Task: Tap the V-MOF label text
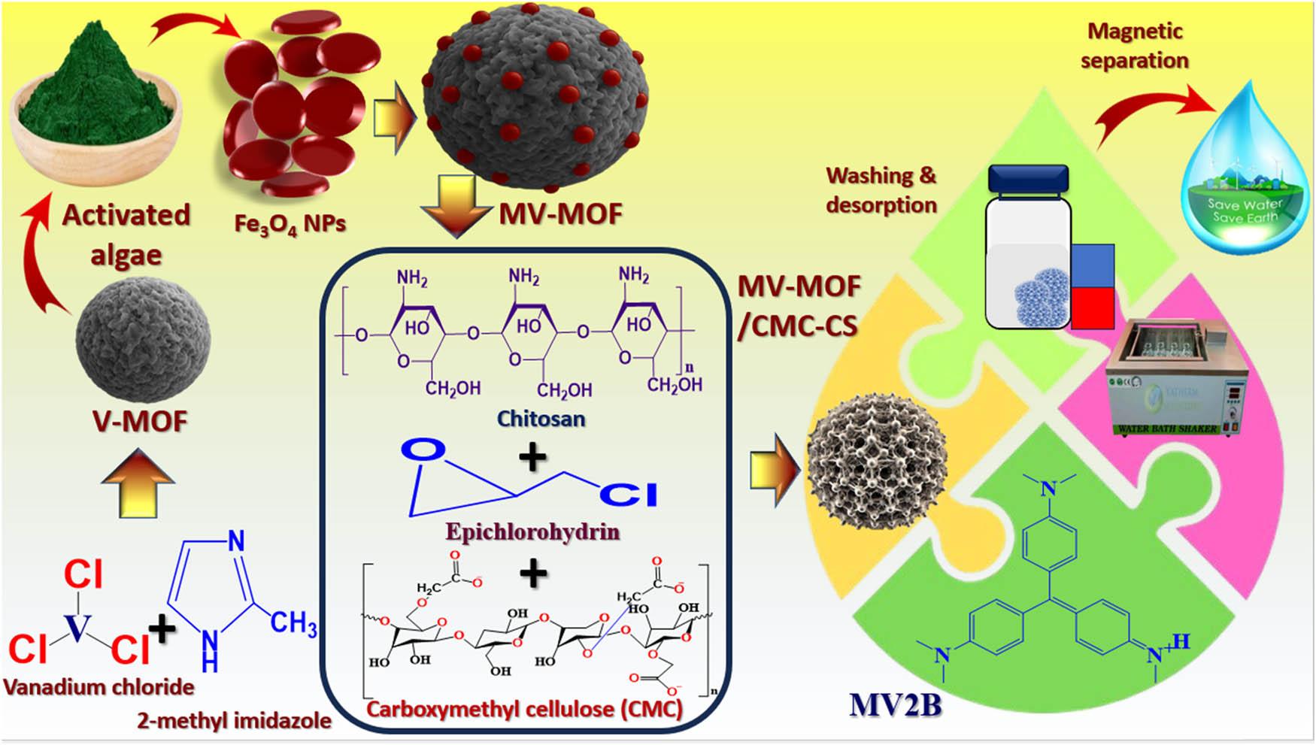[x=140, y=421]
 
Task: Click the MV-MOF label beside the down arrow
[x=560, y=214]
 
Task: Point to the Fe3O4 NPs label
[x=290, y=224]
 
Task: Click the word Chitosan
[x=541, y=418]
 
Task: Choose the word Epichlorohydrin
[x=532, y=532]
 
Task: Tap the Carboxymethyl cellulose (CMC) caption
[x=524, y=708]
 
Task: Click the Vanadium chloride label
[x=99, y=686]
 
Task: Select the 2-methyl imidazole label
[x=234, y=720]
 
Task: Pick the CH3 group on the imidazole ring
[x=293, y=623]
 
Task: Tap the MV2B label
[x=895, y=705]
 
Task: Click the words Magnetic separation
[x=1135, y=46]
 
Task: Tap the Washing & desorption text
[x=881, y=189]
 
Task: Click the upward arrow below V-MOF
[x=138, y=483]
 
